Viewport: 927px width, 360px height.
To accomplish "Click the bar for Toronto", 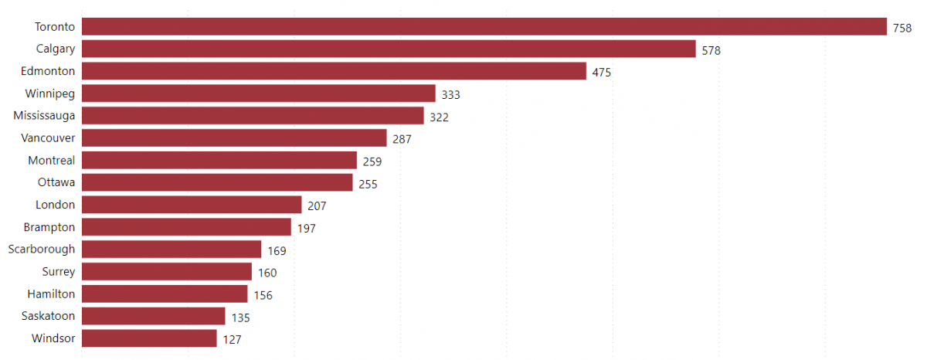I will [x=484, y=27].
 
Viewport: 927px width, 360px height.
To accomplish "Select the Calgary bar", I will [x=389, y=49].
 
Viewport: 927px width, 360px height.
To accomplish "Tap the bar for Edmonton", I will [x=334, y=72].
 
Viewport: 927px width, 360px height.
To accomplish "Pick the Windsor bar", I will [x=149, y=338].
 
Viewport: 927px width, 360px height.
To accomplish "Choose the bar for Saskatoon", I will [x=153, y=317].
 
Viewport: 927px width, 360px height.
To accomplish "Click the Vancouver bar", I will [x=234, y=138].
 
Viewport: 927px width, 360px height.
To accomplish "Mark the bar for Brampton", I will [x=186, y=227].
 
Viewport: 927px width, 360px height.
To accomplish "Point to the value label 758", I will [x=902, y=28].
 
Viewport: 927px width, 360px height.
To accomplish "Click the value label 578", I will [x=711, y=50].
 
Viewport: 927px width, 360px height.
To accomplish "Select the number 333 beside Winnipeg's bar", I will [x=450, y=95].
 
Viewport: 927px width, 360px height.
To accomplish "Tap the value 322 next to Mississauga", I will [x=439, y=117].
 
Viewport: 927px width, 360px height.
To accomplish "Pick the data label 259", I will [x=372, y=161].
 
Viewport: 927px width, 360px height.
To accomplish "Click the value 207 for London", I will [x=317, y=206].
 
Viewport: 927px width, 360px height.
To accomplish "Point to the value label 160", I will [x=267, y=273].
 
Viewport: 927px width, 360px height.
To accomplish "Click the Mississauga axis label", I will [x=44, y=116].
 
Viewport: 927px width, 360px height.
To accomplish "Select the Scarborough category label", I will [x=42, y=250].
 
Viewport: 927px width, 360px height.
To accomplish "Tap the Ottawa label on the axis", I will [x=56, y=183].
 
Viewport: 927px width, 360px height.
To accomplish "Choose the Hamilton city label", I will [x=51, y=294].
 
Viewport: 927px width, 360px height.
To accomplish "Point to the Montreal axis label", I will [x=52, y=161].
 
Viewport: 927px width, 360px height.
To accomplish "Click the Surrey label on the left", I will [x=58, y=272].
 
